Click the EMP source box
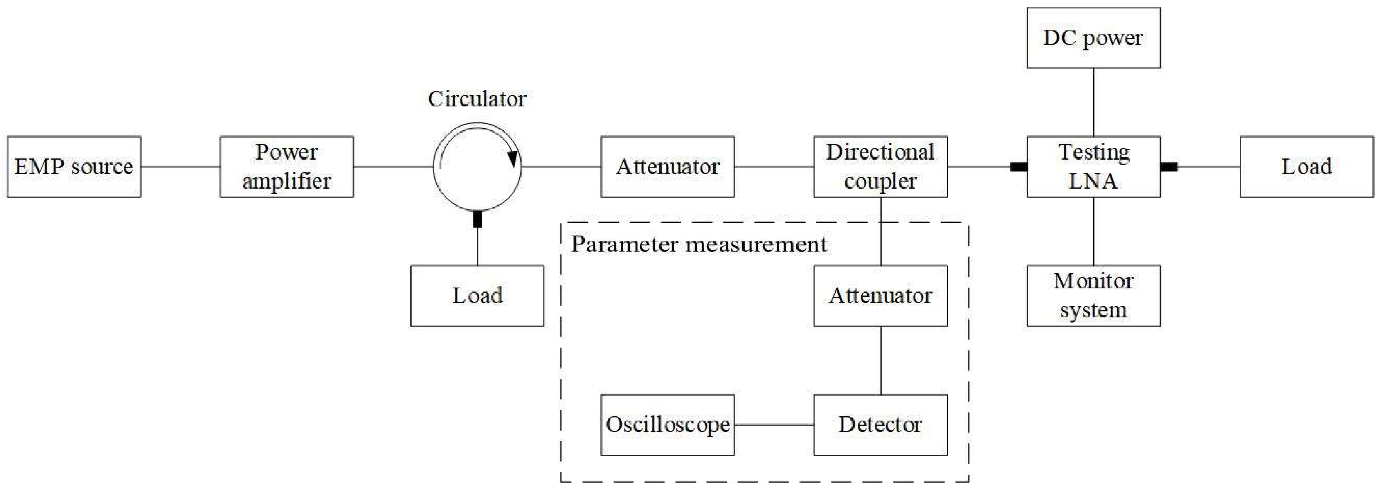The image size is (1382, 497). [x=74, y=166]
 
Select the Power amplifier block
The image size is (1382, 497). [x=287, y=166]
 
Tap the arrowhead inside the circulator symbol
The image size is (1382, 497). [x=513, y=158]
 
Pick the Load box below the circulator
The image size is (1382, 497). [x=477, y=295]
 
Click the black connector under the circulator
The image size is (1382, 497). [x=477, y=219]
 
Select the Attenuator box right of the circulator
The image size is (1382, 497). [x=667, y=166]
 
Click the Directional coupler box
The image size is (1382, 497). [x=880, y=166]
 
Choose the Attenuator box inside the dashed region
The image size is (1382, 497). [x=880, y=295]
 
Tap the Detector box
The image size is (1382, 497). [x=880, y=425]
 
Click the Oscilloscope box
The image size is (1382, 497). [x=667, y=425]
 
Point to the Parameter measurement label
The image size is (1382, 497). [x=698, y=244]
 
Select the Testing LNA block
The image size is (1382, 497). [x=1093, y=166]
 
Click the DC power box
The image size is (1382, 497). [x=1093, y=37]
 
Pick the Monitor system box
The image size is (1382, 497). [x=1093, y=295]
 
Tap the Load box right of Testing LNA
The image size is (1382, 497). [x=1306, y=166]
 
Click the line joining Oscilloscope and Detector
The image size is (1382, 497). [x=774, y=425]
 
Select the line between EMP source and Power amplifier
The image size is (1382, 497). [x=180, y=166]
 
